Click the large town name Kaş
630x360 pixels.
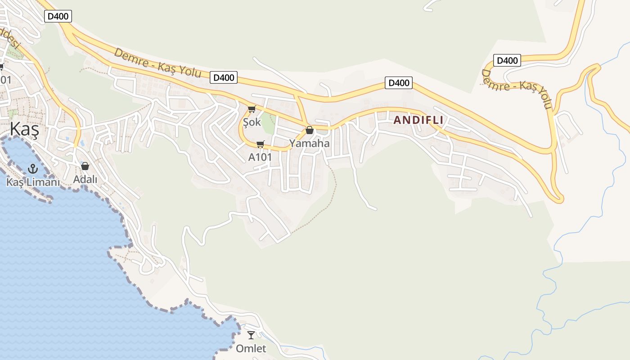24,130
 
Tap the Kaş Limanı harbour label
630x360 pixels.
33,182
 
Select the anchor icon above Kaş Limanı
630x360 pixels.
32,169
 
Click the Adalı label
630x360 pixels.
85,179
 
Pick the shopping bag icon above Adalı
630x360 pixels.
85,166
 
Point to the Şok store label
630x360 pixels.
252,122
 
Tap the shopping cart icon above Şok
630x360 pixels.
252,109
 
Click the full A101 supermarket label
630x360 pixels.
260,157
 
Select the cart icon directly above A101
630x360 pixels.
260,144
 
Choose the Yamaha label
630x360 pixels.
309,144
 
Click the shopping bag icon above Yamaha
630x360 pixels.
310,130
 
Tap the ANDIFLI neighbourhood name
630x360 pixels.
418,120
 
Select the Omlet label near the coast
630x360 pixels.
251,348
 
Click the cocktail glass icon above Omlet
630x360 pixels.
251,335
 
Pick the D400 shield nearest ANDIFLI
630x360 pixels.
399,83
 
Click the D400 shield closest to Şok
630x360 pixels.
224,77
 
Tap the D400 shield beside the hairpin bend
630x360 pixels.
507,60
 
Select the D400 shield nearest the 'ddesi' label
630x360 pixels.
58,17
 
